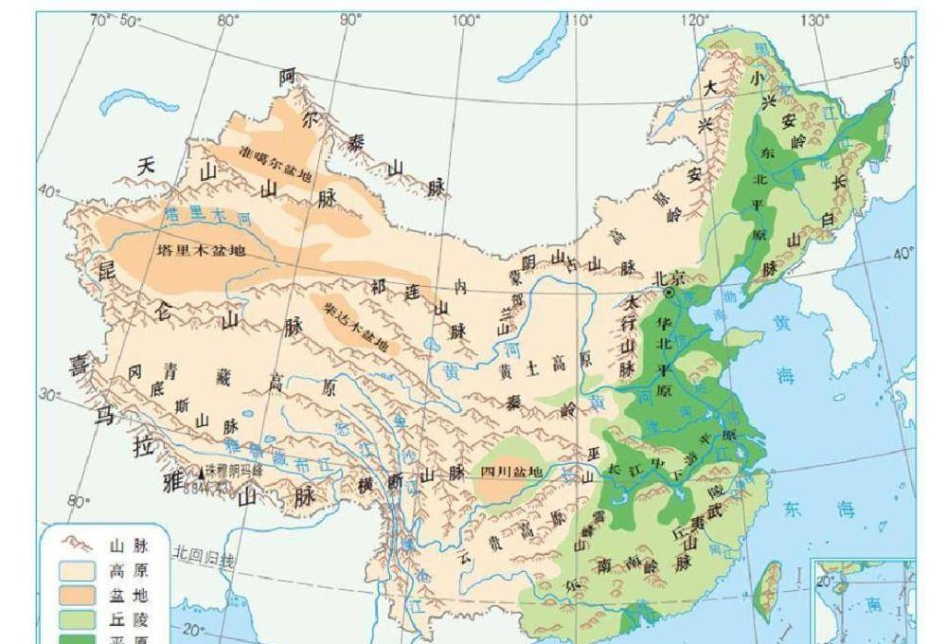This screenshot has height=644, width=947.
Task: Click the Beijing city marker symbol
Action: point(670,294)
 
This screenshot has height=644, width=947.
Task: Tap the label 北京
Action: point(668,277)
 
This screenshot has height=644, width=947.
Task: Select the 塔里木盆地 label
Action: point(200,252)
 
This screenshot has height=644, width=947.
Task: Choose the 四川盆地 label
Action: point(511,472)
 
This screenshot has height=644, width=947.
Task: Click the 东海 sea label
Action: point(819,510)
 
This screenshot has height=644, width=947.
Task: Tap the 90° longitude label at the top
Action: point(349,19)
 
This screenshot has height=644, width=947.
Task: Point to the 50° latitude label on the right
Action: point(903,62)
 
